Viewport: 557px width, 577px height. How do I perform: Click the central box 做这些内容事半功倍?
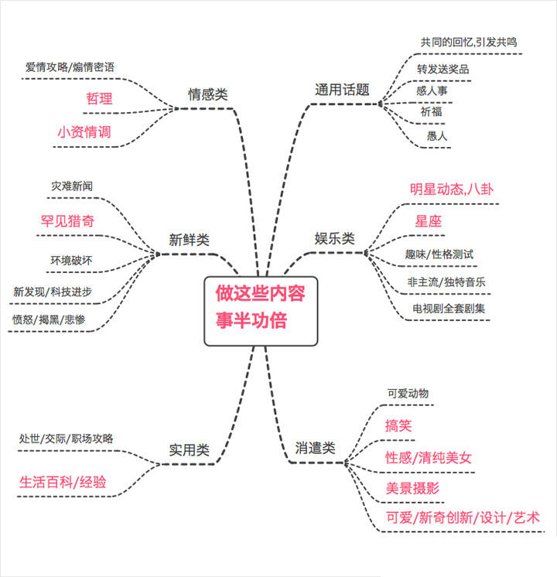(260, 309)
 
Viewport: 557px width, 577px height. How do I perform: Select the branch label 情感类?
(208, 94)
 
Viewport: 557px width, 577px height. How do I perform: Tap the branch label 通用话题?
(342, 90)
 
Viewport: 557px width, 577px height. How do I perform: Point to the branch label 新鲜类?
(189, 240)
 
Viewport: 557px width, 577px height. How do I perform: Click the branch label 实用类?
(189, 449)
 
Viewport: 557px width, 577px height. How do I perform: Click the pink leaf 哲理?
(99, 98)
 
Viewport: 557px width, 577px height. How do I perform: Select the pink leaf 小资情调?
(84, 131)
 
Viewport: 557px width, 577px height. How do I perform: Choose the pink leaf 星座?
(428, 220)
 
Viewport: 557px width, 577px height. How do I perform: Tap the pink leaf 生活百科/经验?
(63, 483)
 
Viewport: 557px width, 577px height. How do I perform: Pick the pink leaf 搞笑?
(398, 425)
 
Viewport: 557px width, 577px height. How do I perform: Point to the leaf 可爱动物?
(408, 392)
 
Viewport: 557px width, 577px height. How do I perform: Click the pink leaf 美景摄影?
(412, 488)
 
